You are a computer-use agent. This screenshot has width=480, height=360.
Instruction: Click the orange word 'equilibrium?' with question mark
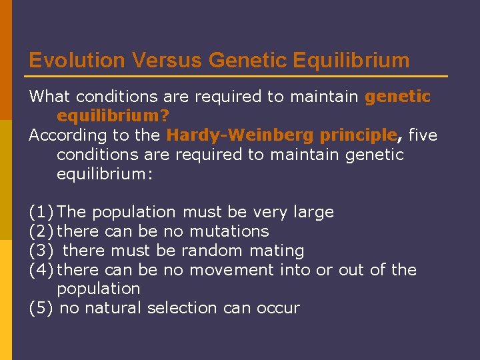[x=113, y=116]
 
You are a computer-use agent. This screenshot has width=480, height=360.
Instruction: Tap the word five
[x=422, y=135]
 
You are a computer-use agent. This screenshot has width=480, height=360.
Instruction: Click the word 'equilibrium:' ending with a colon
[x=100, y=173]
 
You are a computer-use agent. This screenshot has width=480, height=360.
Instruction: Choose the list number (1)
[x=41, y=212]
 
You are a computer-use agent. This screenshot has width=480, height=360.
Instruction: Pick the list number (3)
[x=41, y=251]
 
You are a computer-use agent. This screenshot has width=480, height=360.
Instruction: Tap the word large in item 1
[x=313, y=212]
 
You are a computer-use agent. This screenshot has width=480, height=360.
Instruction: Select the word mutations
[x=229, y=231]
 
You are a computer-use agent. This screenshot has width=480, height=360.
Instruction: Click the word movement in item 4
[x=232, y=270]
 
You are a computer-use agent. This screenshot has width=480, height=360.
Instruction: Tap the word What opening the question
[x=49, y=97]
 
